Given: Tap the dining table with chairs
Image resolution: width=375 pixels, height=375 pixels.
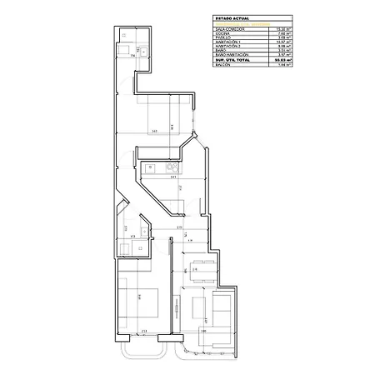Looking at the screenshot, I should tap(199, 268).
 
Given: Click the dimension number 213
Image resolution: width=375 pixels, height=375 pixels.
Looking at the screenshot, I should tap(143, 332).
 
